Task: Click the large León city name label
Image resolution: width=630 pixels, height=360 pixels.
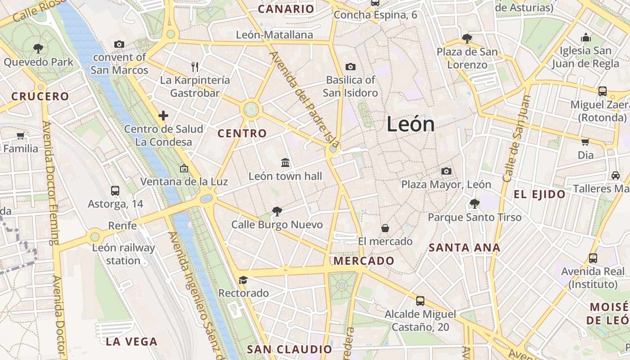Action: (x=410, y=125)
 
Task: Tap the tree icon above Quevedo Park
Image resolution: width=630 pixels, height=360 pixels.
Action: (x=38, y=48)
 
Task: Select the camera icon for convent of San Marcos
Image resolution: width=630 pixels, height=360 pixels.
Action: (x=119, y=44)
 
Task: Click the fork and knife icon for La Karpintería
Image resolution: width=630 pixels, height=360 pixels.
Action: (x=195, y=67)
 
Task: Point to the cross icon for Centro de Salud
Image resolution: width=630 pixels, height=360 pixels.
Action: (x=163, y=116)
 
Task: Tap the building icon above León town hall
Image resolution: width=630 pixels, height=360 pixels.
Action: (x=285, y=162)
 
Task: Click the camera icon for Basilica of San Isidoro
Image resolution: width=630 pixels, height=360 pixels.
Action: (x=351, y=67)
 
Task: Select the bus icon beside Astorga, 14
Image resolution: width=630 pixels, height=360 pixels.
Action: (x=115, y=191)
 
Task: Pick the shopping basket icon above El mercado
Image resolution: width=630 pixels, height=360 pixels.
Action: (x=385, y=228)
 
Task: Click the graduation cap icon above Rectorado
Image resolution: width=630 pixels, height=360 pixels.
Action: (x=243, y=280)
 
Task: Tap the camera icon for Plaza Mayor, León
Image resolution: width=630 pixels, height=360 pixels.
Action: (x=446, y=171)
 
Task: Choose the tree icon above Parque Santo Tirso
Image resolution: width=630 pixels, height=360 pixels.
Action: (x=474, y=204)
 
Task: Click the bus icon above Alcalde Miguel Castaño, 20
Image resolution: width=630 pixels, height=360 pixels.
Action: (x=420, y=301)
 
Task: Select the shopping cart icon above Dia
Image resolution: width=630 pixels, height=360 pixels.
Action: (x=585, y=142)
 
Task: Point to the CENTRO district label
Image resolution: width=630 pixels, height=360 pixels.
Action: (x=242, y=133)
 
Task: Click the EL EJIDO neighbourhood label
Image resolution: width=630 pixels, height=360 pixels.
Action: (x=540, y=194)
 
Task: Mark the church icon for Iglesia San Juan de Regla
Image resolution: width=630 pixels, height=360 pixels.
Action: (x=585, y=37)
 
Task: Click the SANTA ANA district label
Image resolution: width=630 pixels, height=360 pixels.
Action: (x=464, y=247)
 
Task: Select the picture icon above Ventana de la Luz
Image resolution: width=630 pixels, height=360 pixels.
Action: (x=184, y=169)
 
